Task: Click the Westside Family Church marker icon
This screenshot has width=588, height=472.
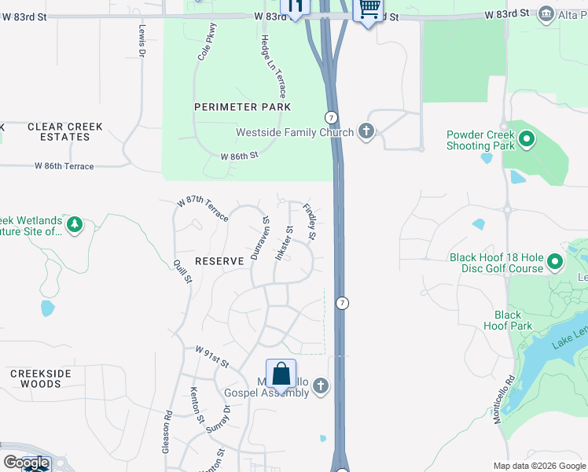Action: pyautogui.click(x=366, y=131)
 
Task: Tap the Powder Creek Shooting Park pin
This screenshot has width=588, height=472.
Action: pyautogui.click(x=526, y=141)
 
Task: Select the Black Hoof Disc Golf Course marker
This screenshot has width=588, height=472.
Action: pyautogui.click(x=555, y=262)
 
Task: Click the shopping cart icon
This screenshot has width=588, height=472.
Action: pyautogui.click(x=369, y=9)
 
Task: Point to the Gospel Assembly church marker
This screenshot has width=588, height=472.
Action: pyautogui.click(x=319, y=385)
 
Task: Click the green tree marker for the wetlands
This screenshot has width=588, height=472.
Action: pyautogui.click(x=75, y=226)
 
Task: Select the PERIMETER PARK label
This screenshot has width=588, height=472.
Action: pyautogui.click(x=243, y=107)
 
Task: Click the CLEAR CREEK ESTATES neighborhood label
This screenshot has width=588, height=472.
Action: pyautogui.click(x=59, y=131)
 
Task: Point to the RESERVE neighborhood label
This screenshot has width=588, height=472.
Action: pyautogui.click(x=219, y=260)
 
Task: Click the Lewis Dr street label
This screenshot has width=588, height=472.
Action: pyautogui.click(x=142, y=41)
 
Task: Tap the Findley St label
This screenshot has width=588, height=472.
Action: pyautogui.click(x=310, y=223)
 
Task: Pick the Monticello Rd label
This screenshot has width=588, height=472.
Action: pyautogui.click(x=503, y=400)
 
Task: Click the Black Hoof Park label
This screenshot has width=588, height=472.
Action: pyautogui.click(x=508, y=320)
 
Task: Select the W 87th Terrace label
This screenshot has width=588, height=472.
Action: pyautogui.click(x=203, y=211)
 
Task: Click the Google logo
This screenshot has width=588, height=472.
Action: pyautogui.click(x=26, y=463)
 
